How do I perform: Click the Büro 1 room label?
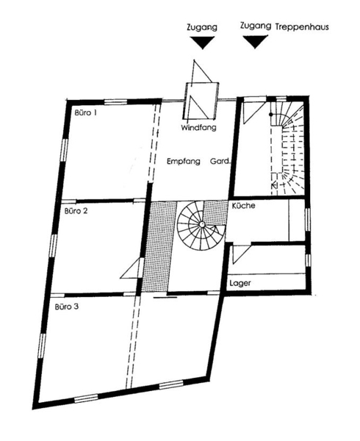(x=86, y=112)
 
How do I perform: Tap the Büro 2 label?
(x=76, y=211)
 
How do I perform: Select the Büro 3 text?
(x=67, y=306)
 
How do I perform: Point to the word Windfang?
(x=198, y=128)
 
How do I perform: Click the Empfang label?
(x=184, y=162)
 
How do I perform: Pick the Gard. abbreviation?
(x=220, y=162)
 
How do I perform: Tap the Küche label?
(x=243, y=206)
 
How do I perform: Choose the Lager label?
(x=240, y=283)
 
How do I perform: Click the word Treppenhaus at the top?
(x=302, y=27)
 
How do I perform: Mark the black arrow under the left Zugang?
(x=202, y=43)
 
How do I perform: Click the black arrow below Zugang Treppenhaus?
(x=255, y=42)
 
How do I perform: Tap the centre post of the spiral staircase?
(x=202, y=224)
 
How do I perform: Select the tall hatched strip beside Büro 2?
(x=158, y=246)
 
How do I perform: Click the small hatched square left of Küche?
(x=215, y=212)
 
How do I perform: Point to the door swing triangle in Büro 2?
(x=130, y=268)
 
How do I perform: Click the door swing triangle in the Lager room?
(x=241, y=254)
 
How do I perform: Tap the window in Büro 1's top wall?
(x=115, y=102)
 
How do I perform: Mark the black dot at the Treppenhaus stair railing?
(x=270, y=115)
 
